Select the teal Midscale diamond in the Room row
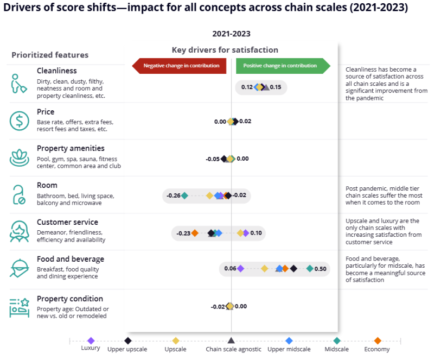click(184, 195)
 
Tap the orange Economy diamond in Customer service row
click(195, 233)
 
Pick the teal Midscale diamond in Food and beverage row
click(310, 268)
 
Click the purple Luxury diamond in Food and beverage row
click(240, 268)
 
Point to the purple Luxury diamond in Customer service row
click(246, 233)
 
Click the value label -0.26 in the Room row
click(174, 195)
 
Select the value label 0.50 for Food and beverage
click(320, 269)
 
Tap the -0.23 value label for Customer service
click(183, 233)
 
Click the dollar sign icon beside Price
click(20, 121)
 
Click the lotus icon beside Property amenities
click(20, 158)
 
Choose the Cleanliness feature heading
click(57, 71)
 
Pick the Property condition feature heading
click(69, 299)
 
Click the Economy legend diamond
click(378, 340)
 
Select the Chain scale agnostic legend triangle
click(231, 340)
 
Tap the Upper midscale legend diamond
click(289, 340)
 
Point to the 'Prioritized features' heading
click(50, 55)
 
